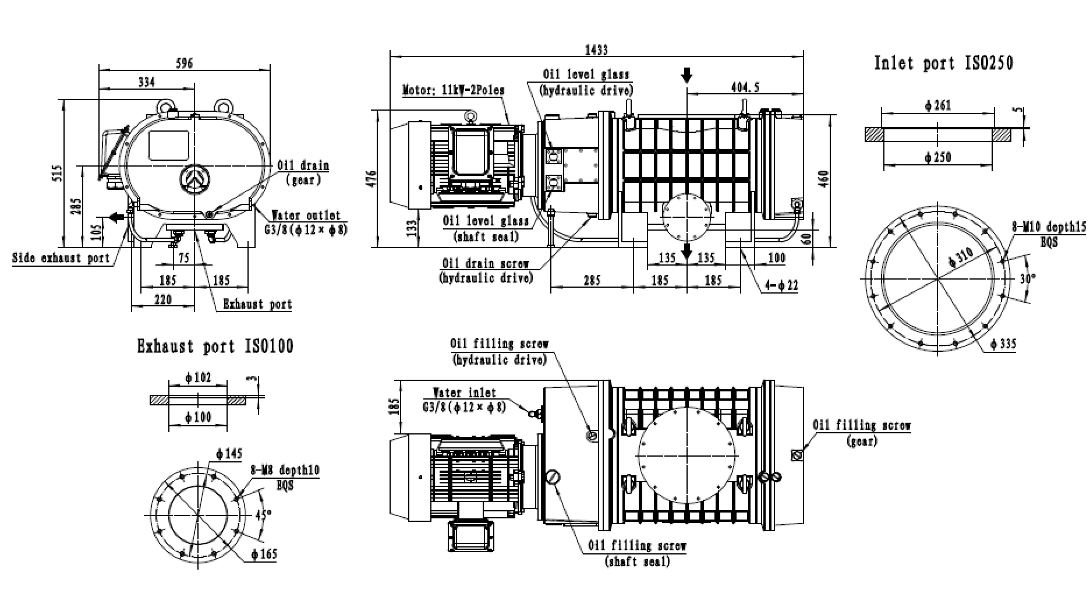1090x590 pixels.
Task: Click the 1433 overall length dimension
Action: tap(597, 50)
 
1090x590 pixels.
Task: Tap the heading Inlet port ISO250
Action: tap(943, 63)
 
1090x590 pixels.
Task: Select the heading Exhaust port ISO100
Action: tap(215, 347)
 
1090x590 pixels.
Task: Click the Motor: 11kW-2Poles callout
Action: tap(454, 90)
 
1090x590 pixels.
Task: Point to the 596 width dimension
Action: tap(184, 62)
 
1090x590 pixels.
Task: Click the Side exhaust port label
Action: tap(61, 257)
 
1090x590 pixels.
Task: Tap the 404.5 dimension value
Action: tap(744, 87)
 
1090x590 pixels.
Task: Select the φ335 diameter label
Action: tap(1003, 344)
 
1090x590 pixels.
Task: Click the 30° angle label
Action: tap(1028, 278)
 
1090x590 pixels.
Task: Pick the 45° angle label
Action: tap(264, 514)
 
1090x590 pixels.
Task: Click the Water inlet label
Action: tap(464, 393)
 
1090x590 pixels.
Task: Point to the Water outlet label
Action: tap(306, 215)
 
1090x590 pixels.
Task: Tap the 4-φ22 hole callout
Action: tap(783, 285)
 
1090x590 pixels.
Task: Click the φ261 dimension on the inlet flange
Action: tap(937, 105)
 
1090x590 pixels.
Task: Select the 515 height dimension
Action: tap(56, 173)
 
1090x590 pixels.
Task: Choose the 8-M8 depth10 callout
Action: tap(285, 470)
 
